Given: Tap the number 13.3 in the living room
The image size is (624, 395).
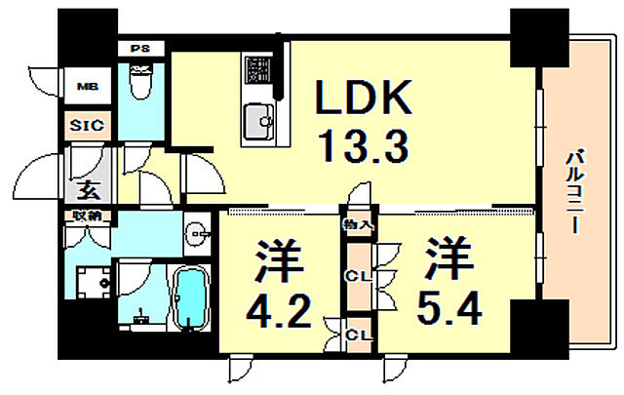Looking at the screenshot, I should [x=364, y=148].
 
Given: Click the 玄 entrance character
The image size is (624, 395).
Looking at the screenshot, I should [x=89, y=189].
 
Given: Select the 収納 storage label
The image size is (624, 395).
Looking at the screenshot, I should [x=83, y=216].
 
